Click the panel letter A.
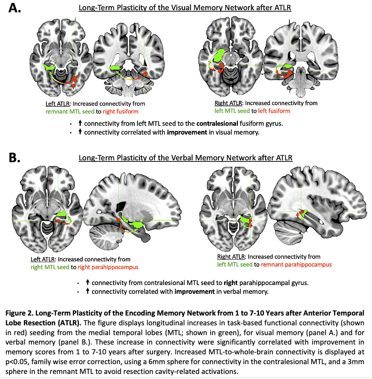pos(15,8)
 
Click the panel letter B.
pos(15,158)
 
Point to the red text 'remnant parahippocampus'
pos(296,264)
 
